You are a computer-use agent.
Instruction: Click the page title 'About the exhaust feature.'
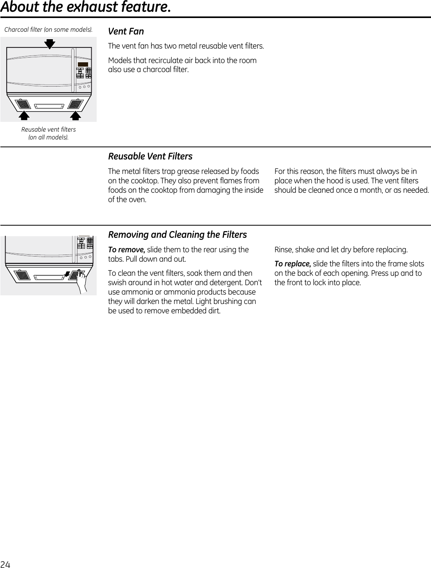(85, 7)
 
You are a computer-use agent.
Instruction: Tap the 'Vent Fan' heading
(126, 31)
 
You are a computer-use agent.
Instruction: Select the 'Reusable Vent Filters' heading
(150, 156)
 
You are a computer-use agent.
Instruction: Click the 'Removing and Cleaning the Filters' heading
(177, 235)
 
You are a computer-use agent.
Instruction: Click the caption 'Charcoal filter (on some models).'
(49, 30)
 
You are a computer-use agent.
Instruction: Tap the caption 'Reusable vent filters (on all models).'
(49, 133)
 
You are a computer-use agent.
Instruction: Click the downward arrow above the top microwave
(50, 43)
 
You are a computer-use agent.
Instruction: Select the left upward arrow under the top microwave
(24, 115)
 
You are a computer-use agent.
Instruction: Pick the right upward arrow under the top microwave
(76, 115)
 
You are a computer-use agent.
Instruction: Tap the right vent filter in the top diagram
(75, 104)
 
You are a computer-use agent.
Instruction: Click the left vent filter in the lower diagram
(23, 275)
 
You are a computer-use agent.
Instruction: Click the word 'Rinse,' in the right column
(283, 250)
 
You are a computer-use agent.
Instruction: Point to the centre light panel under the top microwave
(49, 106)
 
